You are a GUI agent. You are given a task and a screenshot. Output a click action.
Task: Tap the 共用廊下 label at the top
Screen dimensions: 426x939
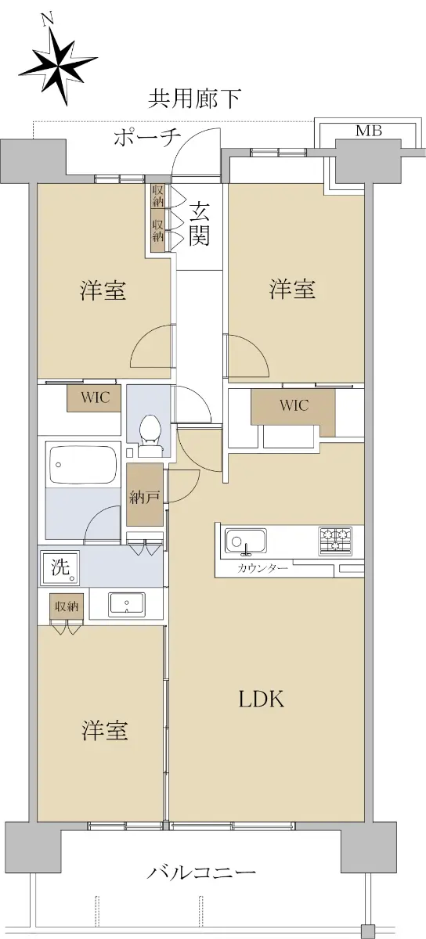coord(194,99)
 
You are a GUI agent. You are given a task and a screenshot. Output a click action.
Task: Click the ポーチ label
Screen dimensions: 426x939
coord(147,137)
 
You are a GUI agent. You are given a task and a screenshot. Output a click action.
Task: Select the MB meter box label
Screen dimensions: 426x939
coord(369,131)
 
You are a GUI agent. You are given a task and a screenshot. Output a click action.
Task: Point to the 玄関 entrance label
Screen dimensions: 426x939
coord(199,225)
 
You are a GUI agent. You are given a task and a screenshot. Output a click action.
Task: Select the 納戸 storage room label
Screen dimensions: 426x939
coord(144,497)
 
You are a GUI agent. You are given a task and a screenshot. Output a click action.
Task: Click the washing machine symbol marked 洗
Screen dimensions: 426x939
coord(60,567)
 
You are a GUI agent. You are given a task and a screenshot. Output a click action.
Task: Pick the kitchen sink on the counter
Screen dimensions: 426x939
coord(246,541)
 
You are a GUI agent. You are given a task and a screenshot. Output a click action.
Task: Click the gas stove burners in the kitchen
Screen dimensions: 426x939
coord(335,541)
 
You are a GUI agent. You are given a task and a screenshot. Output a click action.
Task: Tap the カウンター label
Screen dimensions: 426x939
coord(263,568)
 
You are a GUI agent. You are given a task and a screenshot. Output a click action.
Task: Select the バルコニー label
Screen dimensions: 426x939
coord(201,871)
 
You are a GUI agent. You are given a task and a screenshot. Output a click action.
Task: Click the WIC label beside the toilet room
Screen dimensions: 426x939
coord(96,398)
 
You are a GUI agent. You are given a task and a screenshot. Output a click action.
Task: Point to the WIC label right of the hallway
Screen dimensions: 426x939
coord(294,405)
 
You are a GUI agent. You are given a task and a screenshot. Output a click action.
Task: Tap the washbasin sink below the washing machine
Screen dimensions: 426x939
coord(127,604)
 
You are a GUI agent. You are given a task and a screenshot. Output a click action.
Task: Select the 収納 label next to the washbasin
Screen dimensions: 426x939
coord(67,606)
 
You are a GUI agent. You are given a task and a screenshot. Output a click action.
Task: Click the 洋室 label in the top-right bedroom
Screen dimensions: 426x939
coord(292,290)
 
